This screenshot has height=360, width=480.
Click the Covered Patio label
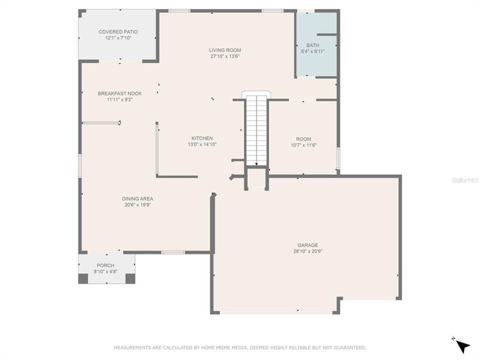pos(118,32)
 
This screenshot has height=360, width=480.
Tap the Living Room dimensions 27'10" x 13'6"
pos(225,56)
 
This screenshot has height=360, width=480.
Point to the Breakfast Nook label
pos(119,93)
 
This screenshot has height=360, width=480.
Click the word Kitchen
pos(202,138)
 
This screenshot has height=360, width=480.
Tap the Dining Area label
pos(137,198)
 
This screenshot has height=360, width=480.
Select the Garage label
pos(307,245)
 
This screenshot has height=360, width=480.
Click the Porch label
pos(105,265)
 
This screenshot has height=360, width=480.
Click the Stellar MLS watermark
pos(464,179)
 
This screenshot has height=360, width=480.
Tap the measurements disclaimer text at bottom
pos(240,347)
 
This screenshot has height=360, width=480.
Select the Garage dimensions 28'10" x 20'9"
pos(307,251)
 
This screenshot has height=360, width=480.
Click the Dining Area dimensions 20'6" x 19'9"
pos(137,204)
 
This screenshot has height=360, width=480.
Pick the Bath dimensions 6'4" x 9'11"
pos(313,51)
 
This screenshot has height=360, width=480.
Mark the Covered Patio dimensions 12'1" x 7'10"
pos(118,38)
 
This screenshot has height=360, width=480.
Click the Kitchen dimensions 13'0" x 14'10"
pos(202,144)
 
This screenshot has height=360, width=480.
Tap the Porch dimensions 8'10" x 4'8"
pos(105,271)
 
